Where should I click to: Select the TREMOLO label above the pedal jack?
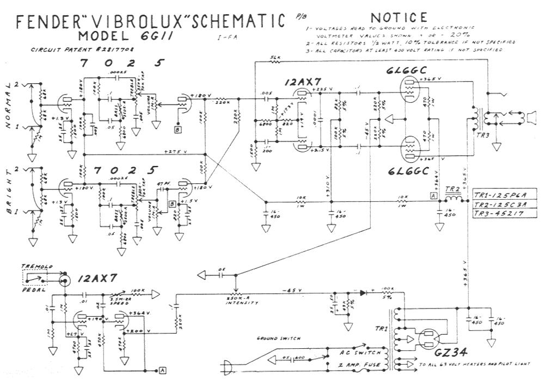[36, 266]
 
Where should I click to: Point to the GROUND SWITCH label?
[278, 338]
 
